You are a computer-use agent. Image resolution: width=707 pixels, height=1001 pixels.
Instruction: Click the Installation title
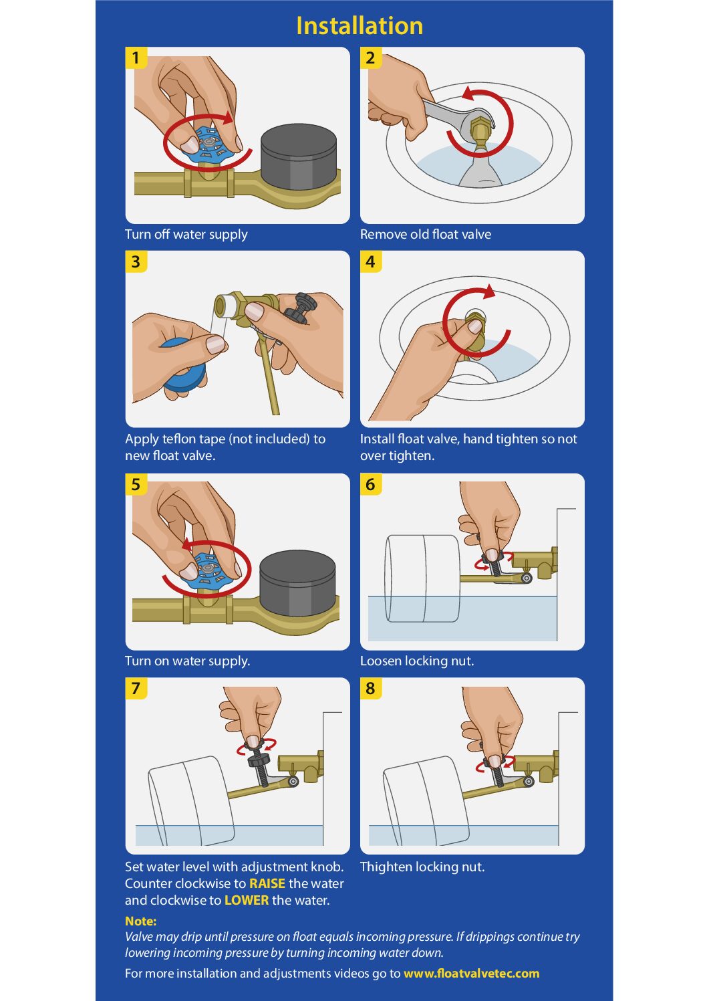(360, 25)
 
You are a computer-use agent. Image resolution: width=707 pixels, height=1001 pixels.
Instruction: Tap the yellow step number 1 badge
(136, 58)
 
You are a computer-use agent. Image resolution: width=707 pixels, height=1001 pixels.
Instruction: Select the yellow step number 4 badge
(371, 261)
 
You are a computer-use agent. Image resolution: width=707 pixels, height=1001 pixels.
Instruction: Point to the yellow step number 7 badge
(136, 688)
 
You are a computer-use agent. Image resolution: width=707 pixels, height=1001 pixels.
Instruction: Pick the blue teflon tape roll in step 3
(183, 364)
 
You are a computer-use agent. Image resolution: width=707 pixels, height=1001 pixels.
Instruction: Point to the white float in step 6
(422, 578)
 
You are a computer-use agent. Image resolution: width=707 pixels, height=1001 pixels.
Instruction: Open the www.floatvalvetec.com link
(471, 974)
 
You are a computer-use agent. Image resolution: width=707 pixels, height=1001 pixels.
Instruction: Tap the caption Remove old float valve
(426, 234)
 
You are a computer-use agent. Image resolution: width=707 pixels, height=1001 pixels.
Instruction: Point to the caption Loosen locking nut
(417, 661)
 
